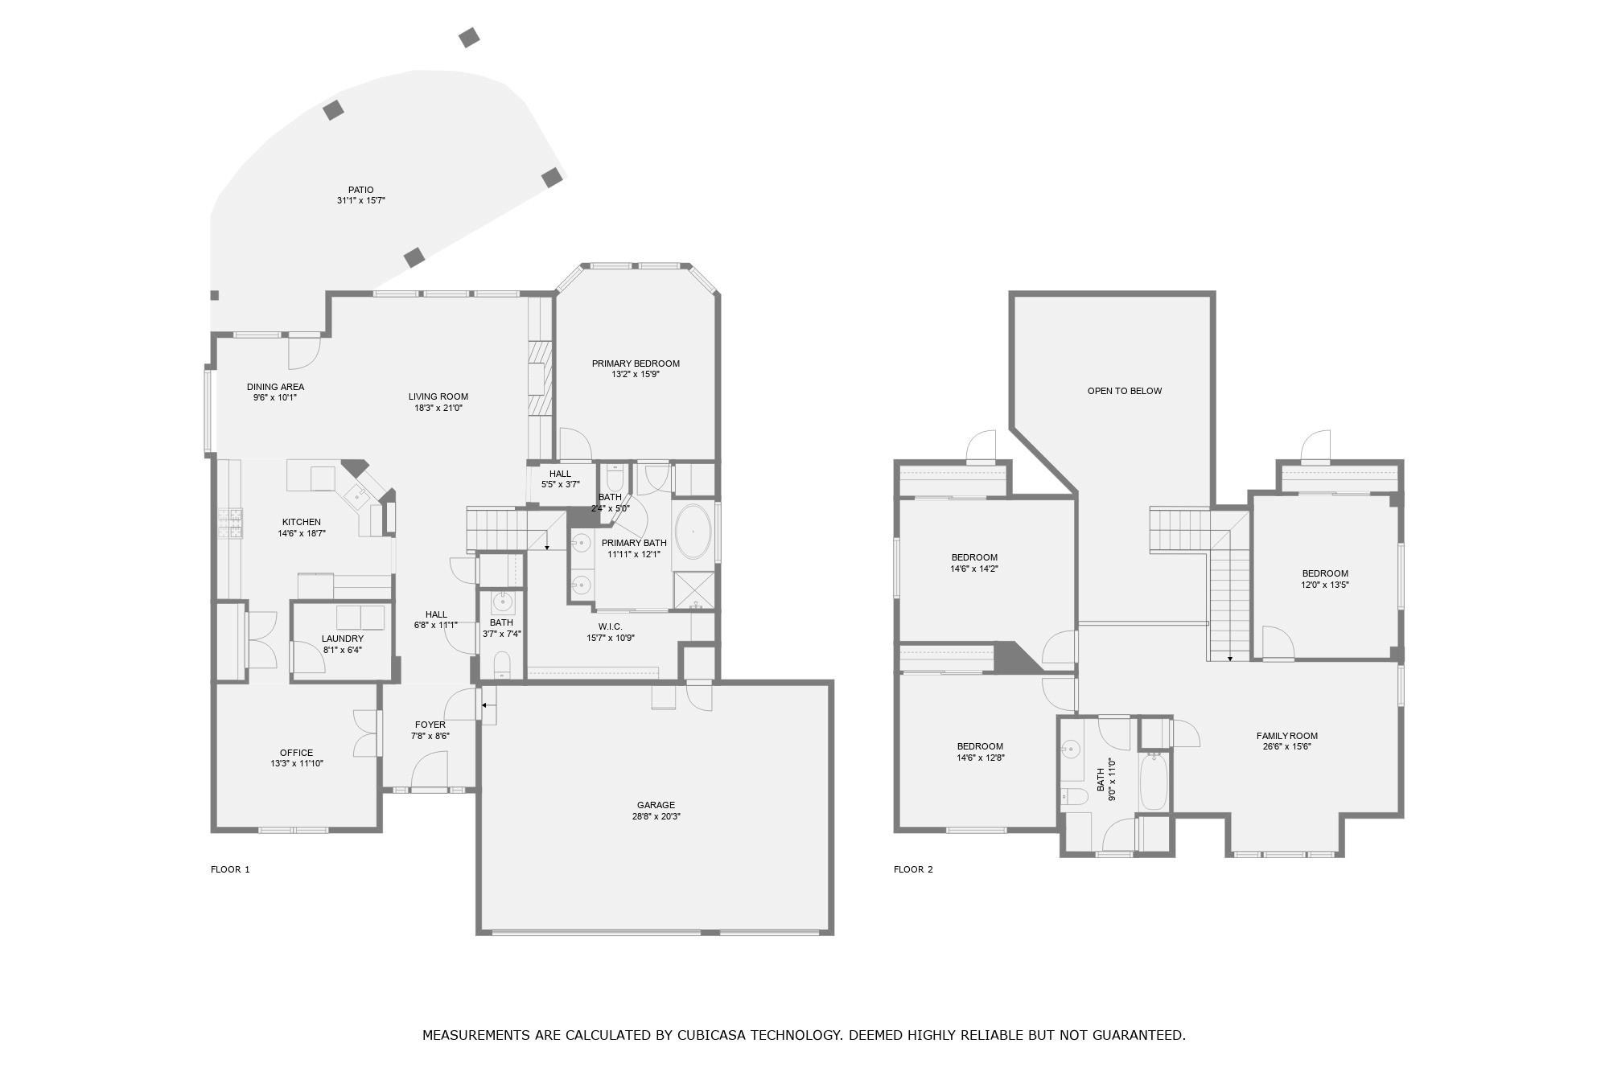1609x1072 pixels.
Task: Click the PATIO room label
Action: [361, 190]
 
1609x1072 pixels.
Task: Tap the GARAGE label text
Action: [656, 805]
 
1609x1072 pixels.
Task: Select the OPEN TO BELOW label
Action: [1125, 391]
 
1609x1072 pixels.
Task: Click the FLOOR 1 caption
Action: [230, 869]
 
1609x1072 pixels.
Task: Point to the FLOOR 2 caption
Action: [913, 869]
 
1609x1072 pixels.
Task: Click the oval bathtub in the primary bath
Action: [693, 532]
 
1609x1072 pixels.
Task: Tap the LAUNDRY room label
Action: [343, 639]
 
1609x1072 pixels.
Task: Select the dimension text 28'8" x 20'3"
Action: [656, 816]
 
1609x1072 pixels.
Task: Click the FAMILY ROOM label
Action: [1287, 736]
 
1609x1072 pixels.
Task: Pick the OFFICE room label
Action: [297, 753]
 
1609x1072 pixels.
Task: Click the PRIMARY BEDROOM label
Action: [636, 363]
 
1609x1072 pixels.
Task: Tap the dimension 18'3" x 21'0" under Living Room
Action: [438, 408]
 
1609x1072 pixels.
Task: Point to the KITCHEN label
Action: [302, 522]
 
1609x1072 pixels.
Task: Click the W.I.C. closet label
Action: [611, 626]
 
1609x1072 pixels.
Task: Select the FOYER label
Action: [430, 725]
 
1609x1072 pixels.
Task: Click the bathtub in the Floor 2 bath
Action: [1154, 781]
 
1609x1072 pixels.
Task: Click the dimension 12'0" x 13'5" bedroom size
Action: [1325, 585]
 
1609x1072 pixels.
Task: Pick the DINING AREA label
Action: [275, 387]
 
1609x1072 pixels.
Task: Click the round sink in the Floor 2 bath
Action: [1071, 749]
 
